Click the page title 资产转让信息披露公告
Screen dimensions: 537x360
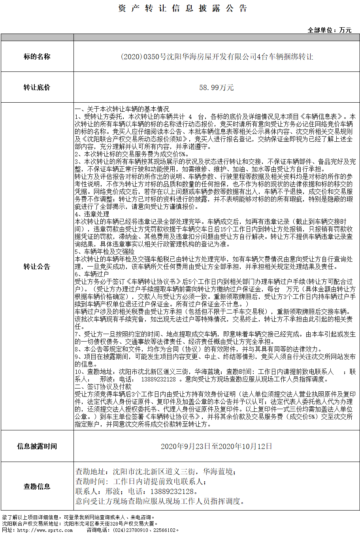183,8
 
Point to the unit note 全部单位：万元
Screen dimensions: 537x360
330,30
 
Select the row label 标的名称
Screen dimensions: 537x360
37,56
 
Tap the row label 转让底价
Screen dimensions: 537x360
37,87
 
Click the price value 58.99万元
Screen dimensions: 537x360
217,87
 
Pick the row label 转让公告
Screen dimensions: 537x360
37,267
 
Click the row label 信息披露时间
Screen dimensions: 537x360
37,446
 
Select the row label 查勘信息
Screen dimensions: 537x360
37,486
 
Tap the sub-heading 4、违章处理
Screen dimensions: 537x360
92,214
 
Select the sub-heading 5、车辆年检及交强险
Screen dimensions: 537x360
104,252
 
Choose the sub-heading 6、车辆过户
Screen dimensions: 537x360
92,274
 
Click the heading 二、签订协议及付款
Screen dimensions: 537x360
103,387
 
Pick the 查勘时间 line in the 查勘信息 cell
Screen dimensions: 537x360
141,481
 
